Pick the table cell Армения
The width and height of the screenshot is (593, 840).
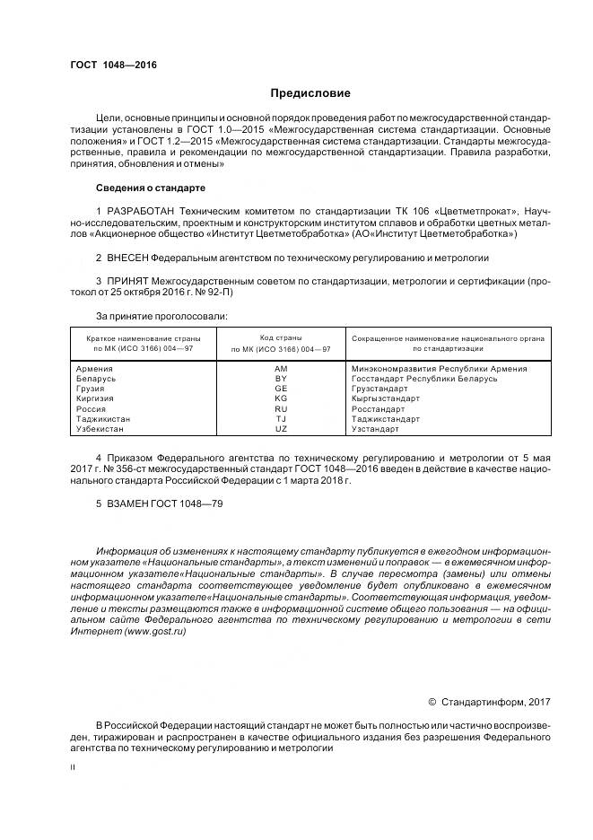[95, 369]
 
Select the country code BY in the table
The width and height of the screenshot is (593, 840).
[281, 379]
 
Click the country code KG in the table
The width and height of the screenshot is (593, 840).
[281, 398]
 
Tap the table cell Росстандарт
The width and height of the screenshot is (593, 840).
[379, 408]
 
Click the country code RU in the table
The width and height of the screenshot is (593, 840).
[281, 408]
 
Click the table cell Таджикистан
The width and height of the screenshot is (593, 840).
[103, 418]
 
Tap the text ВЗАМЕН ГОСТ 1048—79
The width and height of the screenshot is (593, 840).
[159, 504]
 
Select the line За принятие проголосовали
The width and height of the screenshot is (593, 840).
[161, 315]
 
